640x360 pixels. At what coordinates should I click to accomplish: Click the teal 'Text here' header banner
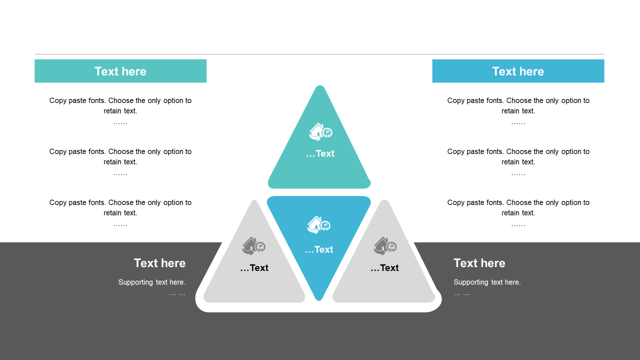click(x=120, y=71)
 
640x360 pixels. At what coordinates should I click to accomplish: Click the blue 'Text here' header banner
click(x=518, y=71)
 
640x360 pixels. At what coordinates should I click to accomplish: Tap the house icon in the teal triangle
click(x=320, y=132)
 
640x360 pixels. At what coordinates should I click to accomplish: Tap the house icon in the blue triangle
click(x=318, y=224)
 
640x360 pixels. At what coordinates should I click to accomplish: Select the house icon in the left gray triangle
click(x=253, y=246)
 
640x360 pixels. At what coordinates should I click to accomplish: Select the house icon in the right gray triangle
click(x=385, y=246)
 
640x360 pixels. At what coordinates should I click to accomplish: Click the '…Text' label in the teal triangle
click(x=320, y=153)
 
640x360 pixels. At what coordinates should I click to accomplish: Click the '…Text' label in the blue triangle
click(x=318, y=249)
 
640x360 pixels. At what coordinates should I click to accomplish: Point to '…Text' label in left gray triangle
click(x=254, y=268)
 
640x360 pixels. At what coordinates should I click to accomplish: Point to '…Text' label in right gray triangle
click(x=384, y=268)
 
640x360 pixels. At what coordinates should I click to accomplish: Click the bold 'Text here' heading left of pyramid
click(x=159, y=263)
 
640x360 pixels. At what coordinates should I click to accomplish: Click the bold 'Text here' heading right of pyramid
click(x=479, y=263)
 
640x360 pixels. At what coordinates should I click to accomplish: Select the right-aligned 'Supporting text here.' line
click(x=152, y=282)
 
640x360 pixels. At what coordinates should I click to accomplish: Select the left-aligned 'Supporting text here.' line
click(x=487, y=282)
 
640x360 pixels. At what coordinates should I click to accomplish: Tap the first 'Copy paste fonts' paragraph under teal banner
click(x=120, y=105)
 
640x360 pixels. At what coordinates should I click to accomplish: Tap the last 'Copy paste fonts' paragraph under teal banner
click(x=120, y=207)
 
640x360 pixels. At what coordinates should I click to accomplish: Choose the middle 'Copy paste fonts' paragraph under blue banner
click(x=518, y=156)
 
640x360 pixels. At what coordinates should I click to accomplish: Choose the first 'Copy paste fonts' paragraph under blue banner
click(x=518, y=105)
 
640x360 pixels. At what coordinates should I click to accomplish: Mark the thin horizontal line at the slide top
click(x=320, y=54)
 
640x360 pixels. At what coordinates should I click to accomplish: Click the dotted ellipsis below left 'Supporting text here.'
click(x=177, y=293)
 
